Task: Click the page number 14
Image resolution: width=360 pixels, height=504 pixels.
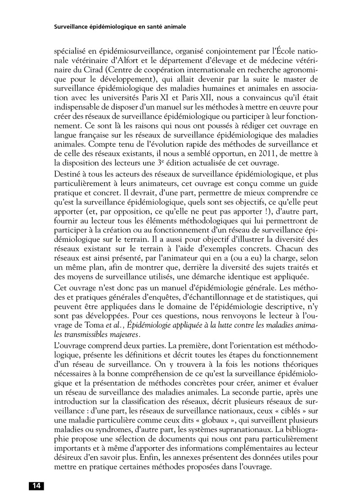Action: pyautogui.click(x=36, y=486)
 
